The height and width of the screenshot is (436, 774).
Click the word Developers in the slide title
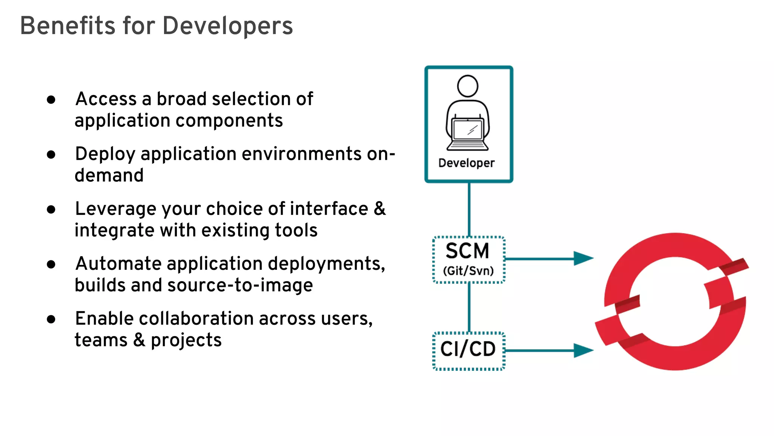tap(228, 26)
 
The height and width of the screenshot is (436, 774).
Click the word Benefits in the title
tap(67, 26)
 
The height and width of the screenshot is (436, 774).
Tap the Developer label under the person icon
tap(466, 163)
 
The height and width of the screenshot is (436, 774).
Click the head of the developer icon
tap(467, 86)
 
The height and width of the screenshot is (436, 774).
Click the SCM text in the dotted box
tap(467, 251)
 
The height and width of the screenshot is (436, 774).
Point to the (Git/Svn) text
tap(468, 271)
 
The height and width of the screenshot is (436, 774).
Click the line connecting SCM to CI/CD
tap(469, 307)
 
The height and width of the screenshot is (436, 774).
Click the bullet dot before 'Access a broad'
tap(51, 100)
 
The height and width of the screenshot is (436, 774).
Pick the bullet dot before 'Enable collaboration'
tap(51, 319)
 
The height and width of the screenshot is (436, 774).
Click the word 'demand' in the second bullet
tap(109, 175)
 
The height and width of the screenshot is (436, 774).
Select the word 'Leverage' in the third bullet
tap(115, 209)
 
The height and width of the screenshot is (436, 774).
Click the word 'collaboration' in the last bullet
tap(196, 319)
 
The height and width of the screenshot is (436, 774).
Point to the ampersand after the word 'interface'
tap(379, 209)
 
